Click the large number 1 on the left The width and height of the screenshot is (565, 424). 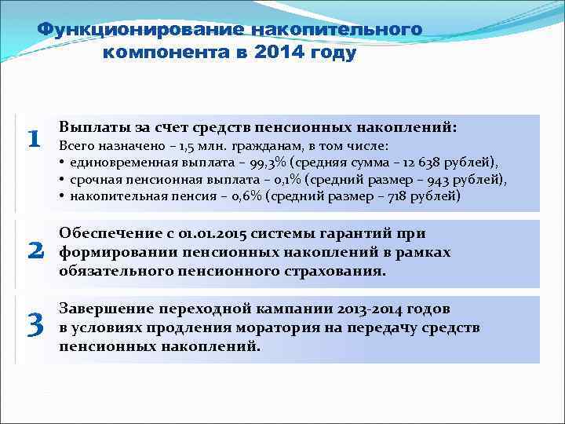tap(33, 139)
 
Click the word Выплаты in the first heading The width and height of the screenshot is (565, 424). tap(90, 127)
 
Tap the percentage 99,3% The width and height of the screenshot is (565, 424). tap(267, 163)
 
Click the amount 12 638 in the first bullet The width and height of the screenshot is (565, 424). tap(417, 163)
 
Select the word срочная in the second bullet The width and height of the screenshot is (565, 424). tap(92, 180)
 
